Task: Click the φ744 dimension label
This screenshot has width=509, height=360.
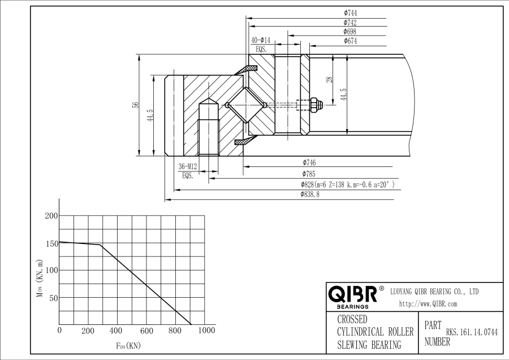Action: [350, 12]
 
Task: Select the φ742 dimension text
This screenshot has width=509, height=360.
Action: [350, 22]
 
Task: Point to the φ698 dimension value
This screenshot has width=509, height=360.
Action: [350, 32]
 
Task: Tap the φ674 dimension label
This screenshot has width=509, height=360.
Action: [350, 41]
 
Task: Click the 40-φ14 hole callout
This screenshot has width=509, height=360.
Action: [261, 40]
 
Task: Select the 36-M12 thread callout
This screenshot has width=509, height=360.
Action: [188, 167]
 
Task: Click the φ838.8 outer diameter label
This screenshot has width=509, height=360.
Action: [310, 194]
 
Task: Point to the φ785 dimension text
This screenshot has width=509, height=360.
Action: [308, 174]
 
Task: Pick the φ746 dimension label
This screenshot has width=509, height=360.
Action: [309, 163]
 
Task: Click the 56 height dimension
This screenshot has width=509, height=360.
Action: [135, 105]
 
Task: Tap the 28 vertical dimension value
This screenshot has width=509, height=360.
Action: [329, 80]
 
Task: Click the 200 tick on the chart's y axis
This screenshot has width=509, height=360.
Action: [51, 216]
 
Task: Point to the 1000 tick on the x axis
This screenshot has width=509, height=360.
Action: [206, 331]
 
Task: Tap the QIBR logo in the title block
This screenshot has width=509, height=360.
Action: [352, 294]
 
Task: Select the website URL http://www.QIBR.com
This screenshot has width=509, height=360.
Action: [428, 304]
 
